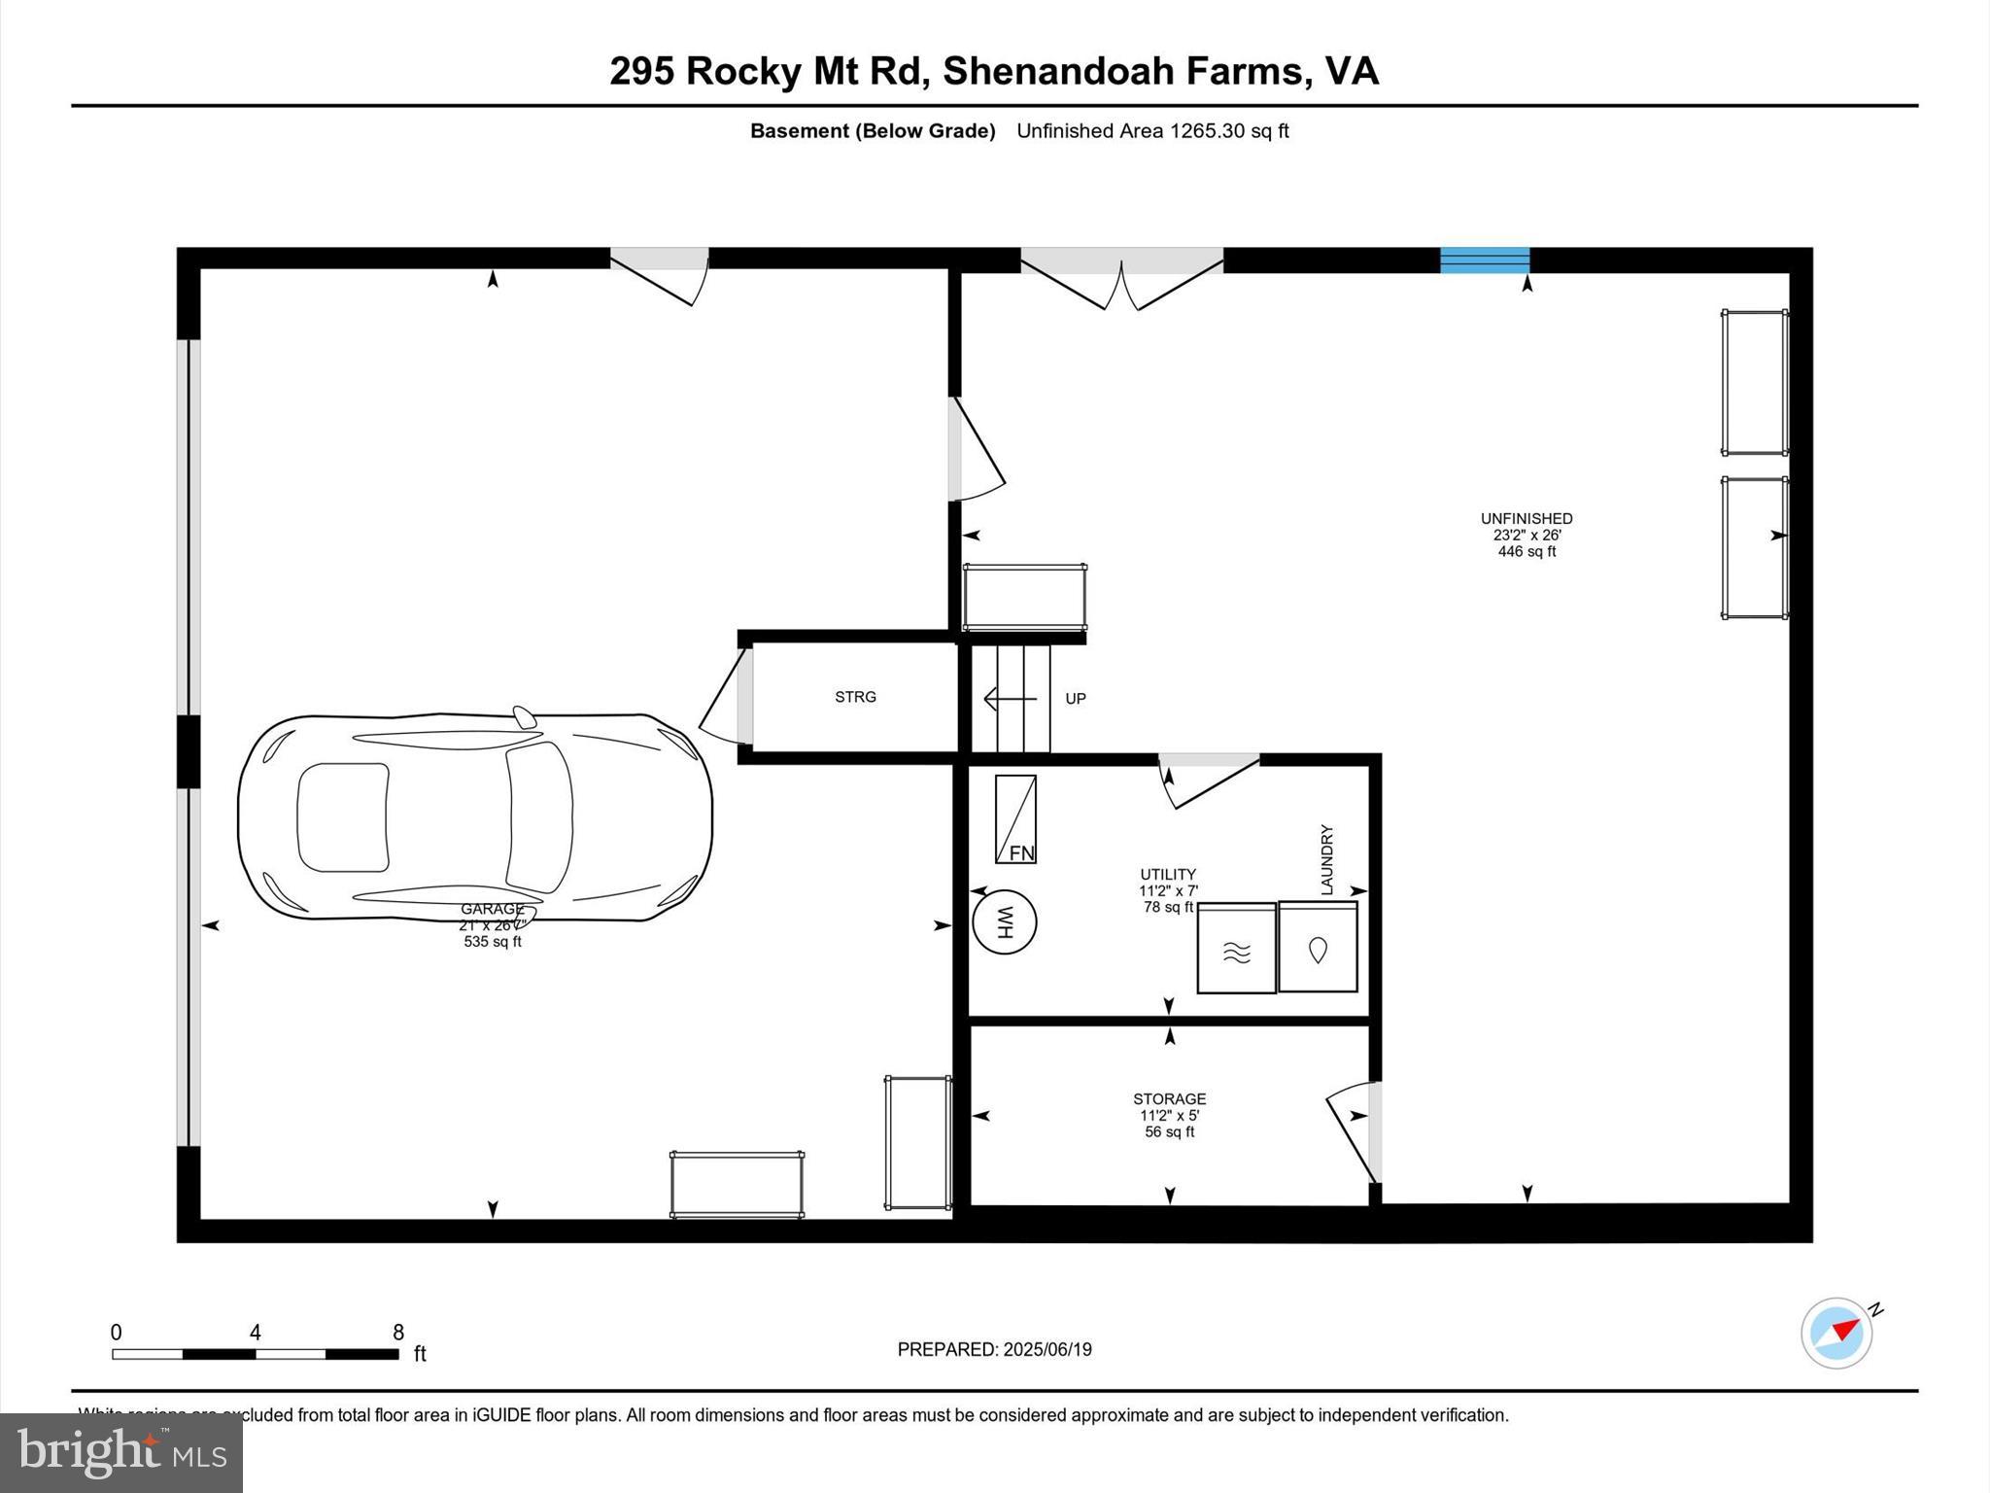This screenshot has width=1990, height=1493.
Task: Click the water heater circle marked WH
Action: click(x=1004, y=921)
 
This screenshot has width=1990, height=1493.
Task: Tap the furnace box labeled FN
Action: click(x=1015, y=818)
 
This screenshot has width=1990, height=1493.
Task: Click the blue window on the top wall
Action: click(x=1484, y=260)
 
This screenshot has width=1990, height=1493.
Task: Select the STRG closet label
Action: click(x=855, y=697)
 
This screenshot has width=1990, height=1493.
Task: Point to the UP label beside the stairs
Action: click(x=1075, y=699)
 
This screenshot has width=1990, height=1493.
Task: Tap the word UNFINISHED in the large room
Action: click(x=1526, y=519)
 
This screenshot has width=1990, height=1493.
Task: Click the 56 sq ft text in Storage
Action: click(x=1169, y=1131)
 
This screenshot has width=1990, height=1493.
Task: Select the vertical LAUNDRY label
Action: click(x=1326, y=859)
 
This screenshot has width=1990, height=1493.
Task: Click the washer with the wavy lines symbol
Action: click(x=1236, y=949)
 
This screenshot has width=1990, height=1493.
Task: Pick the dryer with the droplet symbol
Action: click(x=1318, y=948)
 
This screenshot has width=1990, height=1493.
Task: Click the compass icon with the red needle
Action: click(x=1836, y=1333)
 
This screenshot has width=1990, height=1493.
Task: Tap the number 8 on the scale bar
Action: click(x=397, y=1333)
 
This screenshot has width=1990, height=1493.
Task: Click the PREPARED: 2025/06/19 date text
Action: click(x=994, y=1349)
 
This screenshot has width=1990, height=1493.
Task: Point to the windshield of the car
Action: click(x=538, y=817)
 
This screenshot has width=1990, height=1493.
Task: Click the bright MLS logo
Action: click(x=121, y=1452)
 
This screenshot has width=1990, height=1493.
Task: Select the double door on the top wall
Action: click(x=1121, y=277)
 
